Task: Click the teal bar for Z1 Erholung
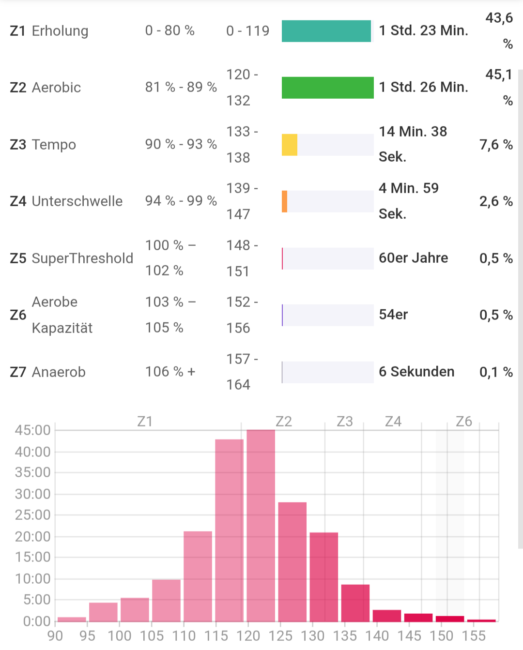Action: [x=326, y=31]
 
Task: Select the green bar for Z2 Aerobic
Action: [x=327, y=88]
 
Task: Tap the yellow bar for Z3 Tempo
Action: [x=290, y=145]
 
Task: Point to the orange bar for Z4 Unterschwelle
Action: [x=285, y=201]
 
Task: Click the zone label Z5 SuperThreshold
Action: [x=72, y=258]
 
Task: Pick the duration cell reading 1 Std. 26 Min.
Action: [x=423, y=87]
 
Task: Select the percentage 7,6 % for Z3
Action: [x=496, y=145]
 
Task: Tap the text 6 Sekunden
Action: [x=416, y=372]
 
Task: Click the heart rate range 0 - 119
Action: [x=247, y=31]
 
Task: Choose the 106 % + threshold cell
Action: [x=170, y=372]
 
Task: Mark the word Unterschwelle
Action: [x=77, y=201]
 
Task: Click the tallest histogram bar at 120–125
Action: [x=261, y=525]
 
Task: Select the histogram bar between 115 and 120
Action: [x=229, y=530]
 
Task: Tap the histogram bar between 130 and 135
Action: [x=323, y=576]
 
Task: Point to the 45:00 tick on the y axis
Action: [x=32, y=430]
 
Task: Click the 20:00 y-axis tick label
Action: [x=32, y=536]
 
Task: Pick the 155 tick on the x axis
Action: [x=473, y=635]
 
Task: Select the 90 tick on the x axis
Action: [x=55, y=635]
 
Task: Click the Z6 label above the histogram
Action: [x=463, y=422]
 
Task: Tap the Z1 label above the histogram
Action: [x=145, y=422]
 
